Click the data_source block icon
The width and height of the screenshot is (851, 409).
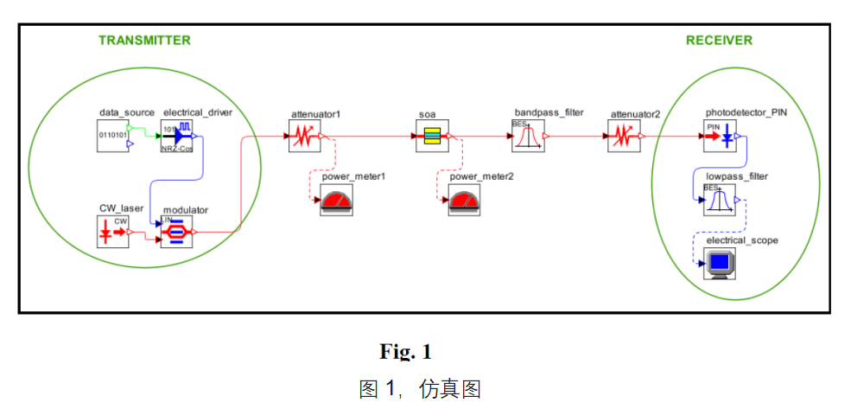point(113,136)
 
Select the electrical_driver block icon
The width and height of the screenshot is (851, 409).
point(178,136)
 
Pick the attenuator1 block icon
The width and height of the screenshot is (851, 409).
point(305,136)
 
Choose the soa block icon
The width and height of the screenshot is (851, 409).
point(432,136)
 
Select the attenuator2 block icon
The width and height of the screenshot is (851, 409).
point(623,136)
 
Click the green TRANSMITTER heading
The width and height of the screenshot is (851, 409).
point(144,41)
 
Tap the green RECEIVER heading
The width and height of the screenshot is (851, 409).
point(719,41)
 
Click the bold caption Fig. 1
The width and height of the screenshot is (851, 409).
point(405,352)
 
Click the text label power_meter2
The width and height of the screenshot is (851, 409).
point(481,176)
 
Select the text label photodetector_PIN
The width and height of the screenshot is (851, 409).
point(746,112)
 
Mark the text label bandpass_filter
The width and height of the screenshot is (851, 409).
point(549,112)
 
